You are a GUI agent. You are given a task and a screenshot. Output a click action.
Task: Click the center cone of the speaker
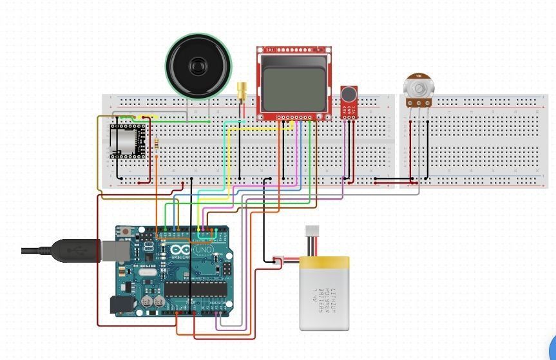[198, 66]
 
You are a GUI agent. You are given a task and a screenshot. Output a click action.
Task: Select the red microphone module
[349, 103]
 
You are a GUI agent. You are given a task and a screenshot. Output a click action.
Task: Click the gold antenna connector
[242, 91]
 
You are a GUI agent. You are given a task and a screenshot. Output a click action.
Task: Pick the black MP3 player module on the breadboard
[124, 141]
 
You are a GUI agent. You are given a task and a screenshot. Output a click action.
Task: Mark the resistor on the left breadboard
[157, 147]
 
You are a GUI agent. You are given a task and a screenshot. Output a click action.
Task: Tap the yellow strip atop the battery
[325, 263]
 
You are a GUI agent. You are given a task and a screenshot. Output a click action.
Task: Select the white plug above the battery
[312, 231]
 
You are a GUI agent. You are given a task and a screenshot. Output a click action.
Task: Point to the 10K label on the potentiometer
[418, 76]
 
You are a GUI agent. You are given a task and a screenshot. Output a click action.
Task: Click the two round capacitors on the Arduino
[153, 300]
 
